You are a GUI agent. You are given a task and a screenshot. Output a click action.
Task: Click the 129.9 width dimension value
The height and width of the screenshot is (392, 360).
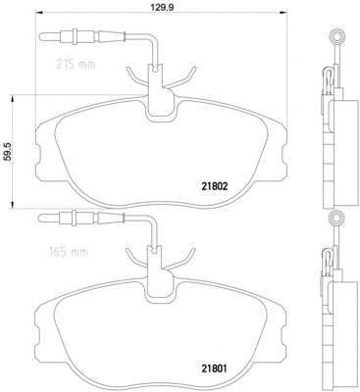(x=161, y=6)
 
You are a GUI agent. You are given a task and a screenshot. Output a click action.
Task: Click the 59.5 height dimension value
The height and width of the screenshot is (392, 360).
(x=7, y=152)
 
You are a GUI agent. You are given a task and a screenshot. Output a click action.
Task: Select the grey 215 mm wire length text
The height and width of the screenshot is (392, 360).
(x=75, y=65)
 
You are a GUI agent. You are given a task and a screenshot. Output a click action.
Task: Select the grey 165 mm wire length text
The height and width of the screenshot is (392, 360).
(x=69, y=252)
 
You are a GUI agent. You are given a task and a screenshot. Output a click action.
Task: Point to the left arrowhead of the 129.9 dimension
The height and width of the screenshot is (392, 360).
(x=39, y=13)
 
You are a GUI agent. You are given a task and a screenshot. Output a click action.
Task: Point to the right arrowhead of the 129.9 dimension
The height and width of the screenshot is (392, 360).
(x=283, y=13)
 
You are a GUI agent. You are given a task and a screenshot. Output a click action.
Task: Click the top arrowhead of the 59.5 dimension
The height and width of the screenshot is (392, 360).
(x=13, y=99)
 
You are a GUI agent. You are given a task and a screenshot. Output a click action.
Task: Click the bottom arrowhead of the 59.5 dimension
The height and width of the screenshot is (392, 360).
(x=13, y=204)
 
